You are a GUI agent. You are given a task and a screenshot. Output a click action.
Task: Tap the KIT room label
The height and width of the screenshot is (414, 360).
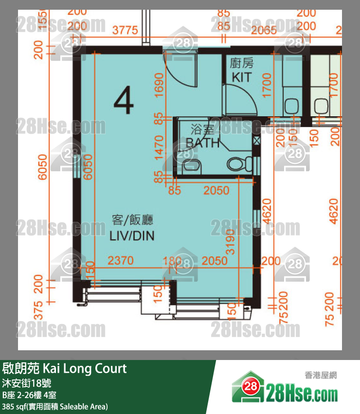pyautogui.click(x=242, y=77)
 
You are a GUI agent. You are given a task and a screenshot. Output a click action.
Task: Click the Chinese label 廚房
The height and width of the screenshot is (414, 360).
pyautogui.click(x=242, y=63)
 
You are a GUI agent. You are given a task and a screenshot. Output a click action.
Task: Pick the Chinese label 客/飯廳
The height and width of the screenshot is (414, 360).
pyautogui.click(x=132, y=220)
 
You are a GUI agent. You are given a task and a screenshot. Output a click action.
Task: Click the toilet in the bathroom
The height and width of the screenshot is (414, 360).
pyautogui.click(x=236, y=164)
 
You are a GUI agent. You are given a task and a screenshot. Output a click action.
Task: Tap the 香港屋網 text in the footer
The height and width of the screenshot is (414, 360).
pyautogui.click(x=321, y=375)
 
